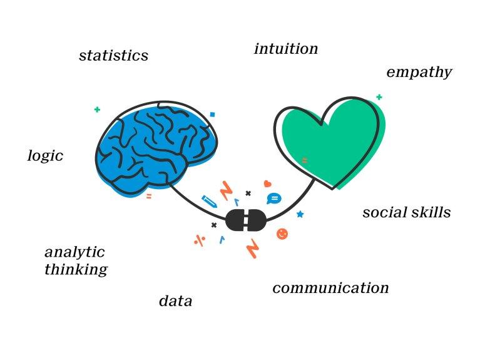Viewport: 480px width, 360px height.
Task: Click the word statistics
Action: click(113, 56)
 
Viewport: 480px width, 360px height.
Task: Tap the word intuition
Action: click(286, 49)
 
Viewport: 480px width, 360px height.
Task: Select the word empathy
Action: click(419, 73)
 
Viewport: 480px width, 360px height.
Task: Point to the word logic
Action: click(45, 156)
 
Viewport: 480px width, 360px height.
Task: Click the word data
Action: click(175, 301)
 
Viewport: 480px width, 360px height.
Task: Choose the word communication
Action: click(330, 288)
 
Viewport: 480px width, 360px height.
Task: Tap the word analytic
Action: click(74, 253)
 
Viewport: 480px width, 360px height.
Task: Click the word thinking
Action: click(76, 270)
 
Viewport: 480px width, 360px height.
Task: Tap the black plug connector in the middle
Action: click(246, 220)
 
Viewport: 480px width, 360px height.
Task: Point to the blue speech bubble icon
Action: click(273, 199)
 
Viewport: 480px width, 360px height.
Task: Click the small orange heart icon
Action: click(267, 184)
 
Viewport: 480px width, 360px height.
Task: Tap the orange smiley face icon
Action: click(282, 234)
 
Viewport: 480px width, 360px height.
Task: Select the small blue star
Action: click(300, 214)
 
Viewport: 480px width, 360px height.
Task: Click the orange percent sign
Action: click(200, 240)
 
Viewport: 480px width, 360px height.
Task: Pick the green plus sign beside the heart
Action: click(379, 97)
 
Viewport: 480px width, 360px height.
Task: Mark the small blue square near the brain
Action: click(212, 115)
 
